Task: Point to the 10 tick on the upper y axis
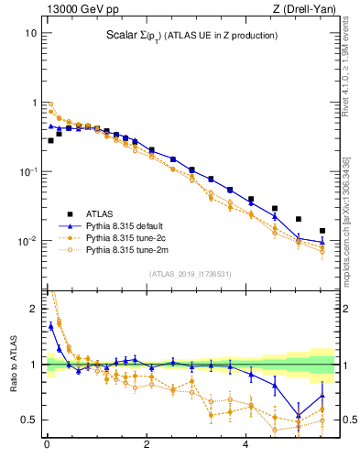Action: point(30,33)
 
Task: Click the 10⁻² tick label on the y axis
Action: point(28,242)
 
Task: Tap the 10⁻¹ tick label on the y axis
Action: point(28,172)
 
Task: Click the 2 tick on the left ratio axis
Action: point(35,309)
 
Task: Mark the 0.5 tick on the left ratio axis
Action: point(30,420)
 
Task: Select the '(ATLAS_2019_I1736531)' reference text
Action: point(191,274)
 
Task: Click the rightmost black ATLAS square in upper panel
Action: point(322,231)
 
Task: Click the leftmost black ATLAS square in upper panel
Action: point(51,140)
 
